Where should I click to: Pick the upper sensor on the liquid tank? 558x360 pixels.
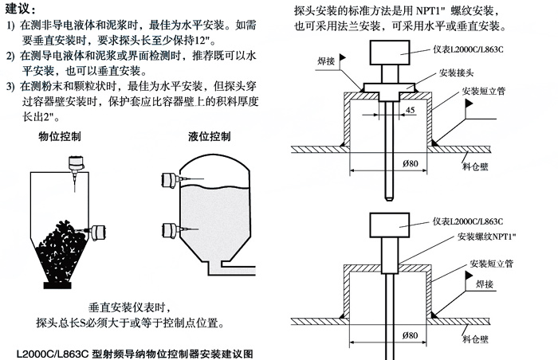point(169,180)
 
